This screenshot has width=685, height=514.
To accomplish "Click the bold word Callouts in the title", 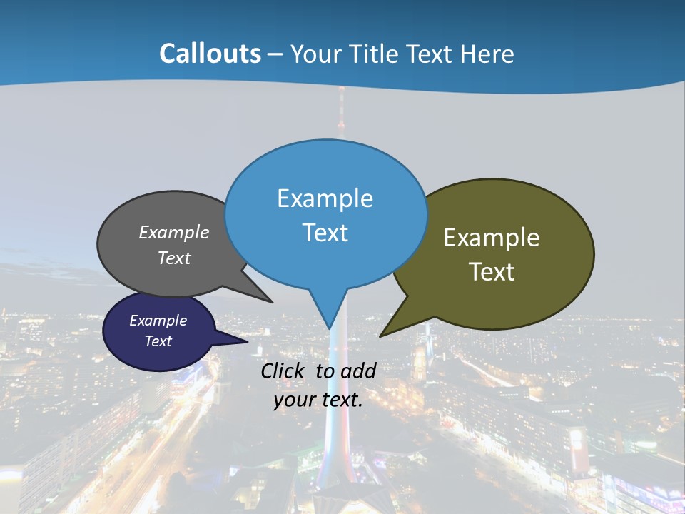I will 210,54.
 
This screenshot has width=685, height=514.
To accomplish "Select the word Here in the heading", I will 488,54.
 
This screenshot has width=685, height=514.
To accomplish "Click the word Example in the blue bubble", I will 325,198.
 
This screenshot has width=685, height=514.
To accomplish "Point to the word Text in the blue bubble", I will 325,233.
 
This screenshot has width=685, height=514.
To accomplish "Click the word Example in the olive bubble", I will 492,238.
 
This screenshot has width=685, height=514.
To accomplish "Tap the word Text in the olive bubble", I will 492,272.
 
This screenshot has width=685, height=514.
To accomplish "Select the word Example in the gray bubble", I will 174,233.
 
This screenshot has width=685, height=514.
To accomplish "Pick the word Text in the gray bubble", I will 174,258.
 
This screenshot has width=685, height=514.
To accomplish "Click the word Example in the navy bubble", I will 158,321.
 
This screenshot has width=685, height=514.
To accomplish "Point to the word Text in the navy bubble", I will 158,341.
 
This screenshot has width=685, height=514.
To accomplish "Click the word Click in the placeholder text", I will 283,371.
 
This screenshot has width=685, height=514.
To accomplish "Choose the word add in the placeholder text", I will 359,371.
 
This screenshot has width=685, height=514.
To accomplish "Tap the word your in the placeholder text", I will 294,400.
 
